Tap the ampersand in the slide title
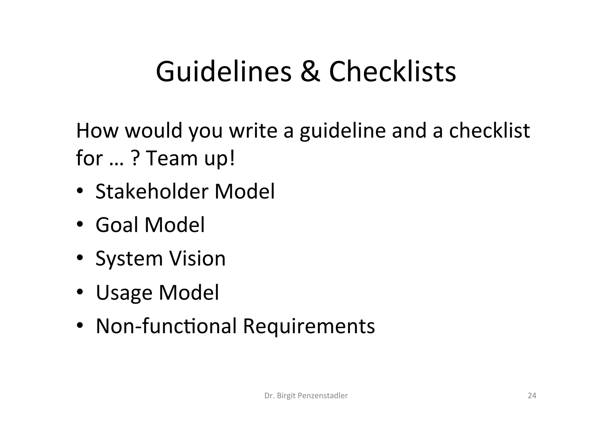[x=310, y=72]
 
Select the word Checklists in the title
[x=392, y=72]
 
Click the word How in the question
[x=97, y=131]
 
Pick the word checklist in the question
[x=489, y=131]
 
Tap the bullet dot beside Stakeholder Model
[x=79, y=191]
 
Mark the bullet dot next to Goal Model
[x=79, y=225]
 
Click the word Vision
[x=198, y=258]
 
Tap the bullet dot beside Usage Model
[x=79, y=292]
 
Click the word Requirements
[x=309, y=326]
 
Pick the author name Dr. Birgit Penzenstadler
[x=306, y=396]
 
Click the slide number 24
[x=532, y=396]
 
